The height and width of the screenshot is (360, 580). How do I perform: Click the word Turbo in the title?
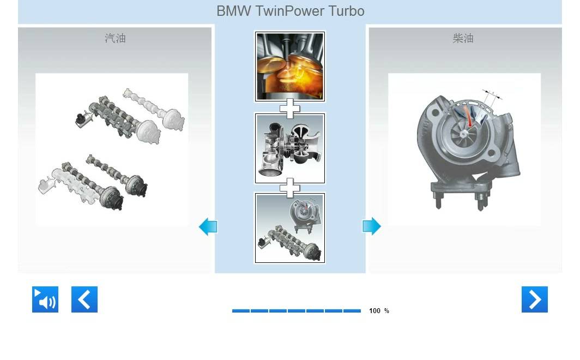346,11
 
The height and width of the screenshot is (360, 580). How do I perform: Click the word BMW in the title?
233,11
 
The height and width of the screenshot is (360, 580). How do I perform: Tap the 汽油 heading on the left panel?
115,38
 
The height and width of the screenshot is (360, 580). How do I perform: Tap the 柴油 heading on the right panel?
463,38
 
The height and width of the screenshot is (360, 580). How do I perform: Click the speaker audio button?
45,299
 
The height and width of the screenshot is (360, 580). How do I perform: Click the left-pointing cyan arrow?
208,226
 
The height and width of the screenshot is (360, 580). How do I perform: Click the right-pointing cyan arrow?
371,226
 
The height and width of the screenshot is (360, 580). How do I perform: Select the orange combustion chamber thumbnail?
290,66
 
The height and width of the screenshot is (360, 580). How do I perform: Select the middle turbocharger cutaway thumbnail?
290,148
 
